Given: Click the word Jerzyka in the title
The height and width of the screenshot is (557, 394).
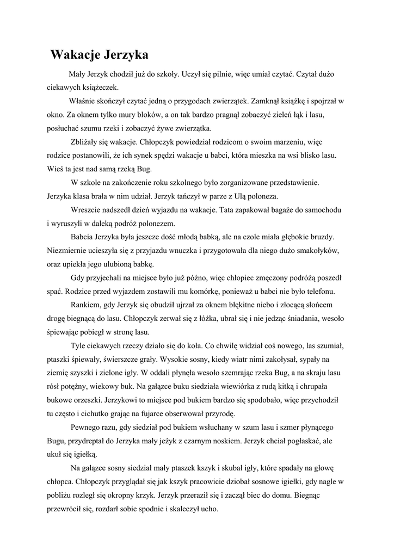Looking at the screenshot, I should [x=125, y=55].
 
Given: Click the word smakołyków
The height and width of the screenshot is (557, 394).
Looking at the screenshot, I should [x=316, y=250].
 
